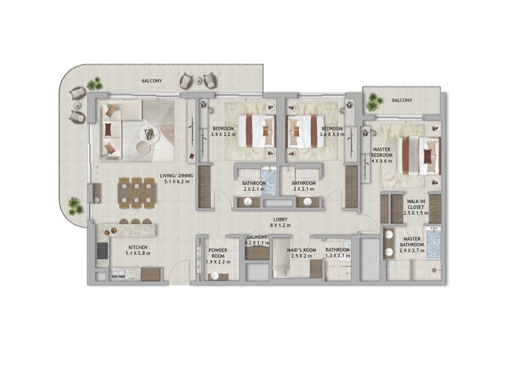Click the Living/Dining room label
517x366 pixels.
click(176, 178)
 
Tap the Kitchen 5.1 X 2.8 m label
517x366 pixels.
click(138, 250)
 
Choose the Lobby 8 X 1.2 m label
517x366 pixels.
click(280, 223)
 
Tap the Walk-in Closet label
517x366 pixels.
click(416, 207)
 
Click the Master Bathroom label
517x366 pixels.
click(412, 245)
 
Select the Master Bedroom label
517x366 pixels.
click(382, 155)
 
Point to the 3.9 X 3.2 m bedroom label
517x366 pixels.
click(223, 132)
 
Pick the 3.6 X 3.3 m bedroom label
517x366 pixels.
click(332, 132)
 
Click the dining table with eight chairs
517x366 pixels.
click(136, 193)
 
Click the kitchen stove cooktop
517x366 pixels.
click(103, 251)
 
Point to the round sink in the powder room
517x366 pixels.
click(215, 276)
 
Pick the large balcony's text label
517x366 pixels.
click(152, 81)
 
